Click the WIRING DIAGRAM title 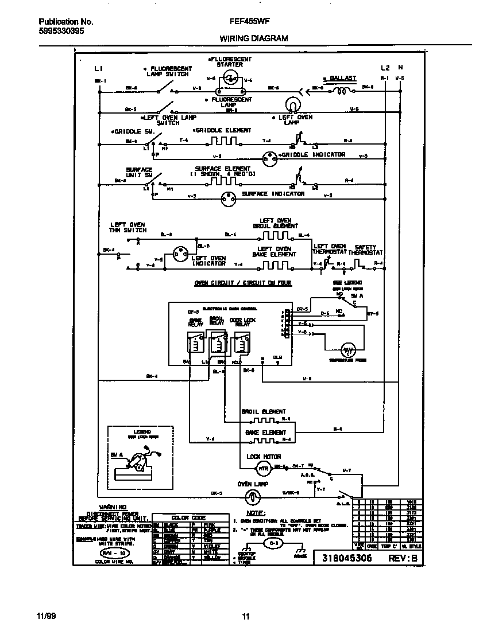tap(253, 38)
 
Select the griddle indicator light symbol tap(269, 157)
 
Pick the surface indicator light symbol tap(229, 197)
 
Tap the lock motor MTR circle tap(262, 469)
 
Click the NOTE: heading tap(256, 512)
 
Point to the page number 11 tap(245, 617)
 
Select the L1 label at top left tap(98, 68)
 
